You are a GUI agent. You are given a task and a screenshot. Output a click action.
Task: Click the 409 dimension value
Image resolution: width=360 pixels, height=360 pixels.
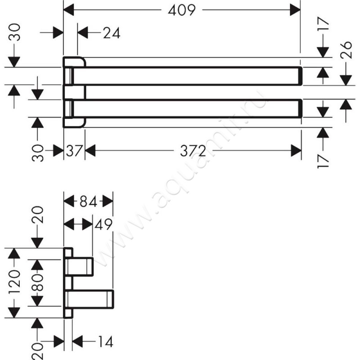click(182, 10)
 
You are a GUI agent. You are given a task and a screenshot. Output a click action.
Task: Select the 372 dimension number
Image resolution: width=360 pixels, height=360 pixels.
click(193, 151)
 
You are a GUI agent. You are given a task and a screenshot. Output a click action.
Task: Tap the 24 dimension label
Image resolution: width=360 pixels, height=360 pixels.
click(112, 33)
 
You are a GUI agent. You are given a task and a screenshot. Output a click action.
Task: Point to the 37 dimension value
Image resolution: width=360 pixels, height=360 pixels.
click(74, 151)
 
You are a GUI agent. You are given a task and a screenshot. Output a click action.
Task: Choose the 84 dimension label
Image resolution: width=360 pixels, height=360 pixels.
click(88, 202)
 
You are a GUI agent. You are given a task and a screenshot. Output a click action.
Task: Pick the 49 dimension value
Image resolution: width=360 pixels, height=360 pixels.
click(103, 224)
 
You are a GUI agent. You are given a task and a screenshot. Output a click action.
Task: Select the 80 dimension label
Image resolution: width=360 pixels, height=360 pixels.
click(37, 283)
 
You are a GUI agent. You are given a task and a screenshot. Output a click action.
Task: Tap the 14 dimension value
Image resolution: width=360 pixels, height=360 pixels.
click(106, 342)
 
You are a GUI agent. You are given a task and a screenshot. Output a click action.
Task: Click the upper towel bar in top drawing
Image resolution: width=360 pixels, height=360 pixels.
click(183, 76)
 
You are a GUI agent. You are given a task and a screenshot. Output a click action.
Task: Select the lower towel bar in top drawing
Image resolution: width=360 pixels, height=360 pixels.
click(183, 108)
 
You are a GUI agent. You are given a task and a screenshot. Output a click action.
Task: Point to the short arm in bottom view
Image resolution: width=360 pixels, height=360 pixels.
click(79, 266)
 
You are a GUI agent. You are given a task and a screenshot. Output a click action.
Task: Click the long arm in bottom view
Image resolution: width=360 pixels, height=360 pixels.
click(90, 299)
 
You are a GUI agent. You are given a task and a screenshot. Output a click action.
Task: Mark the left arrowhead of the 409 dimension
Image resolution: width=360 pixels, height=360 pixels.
click(69, 10)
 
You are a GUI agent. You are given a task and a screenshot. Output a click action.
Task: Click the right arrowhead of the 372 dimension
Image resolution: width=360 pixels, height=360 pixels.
click(296, 151)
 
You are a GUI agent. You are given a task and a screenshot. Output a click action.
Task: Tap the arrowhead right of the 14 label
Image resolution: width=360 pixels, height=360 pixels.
click(77, 342)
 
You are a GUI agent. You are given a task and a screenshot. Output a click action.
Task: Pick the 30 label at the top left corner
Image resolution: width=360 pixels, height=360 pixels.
click(14, 32)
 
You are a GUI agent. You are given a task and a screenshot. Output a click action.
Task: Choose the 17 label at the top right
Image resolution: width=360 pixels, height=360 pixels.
click(323, 24)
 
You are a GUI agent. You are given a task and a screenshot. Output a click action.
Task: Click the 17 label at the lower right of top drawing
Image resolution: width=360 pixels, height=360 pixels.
click(323, 162)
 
